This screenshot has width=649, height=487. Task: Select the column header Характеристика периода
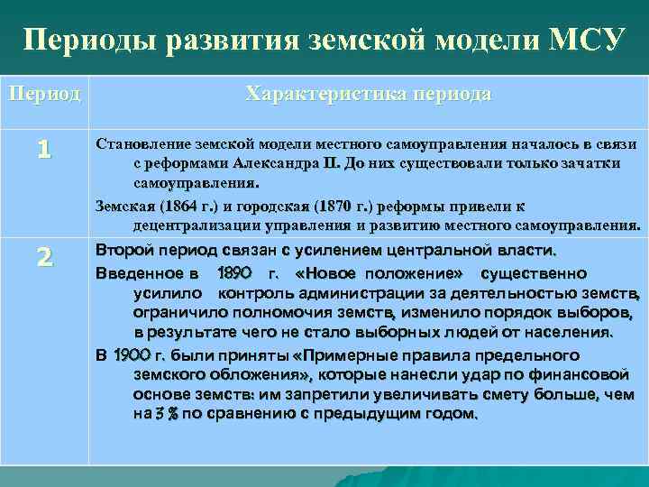[x=369, y=94]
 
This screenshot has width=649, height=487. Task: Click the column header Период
[x=44, y=94]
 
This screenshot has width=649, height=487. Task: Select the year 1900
[x=139, y=354]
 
